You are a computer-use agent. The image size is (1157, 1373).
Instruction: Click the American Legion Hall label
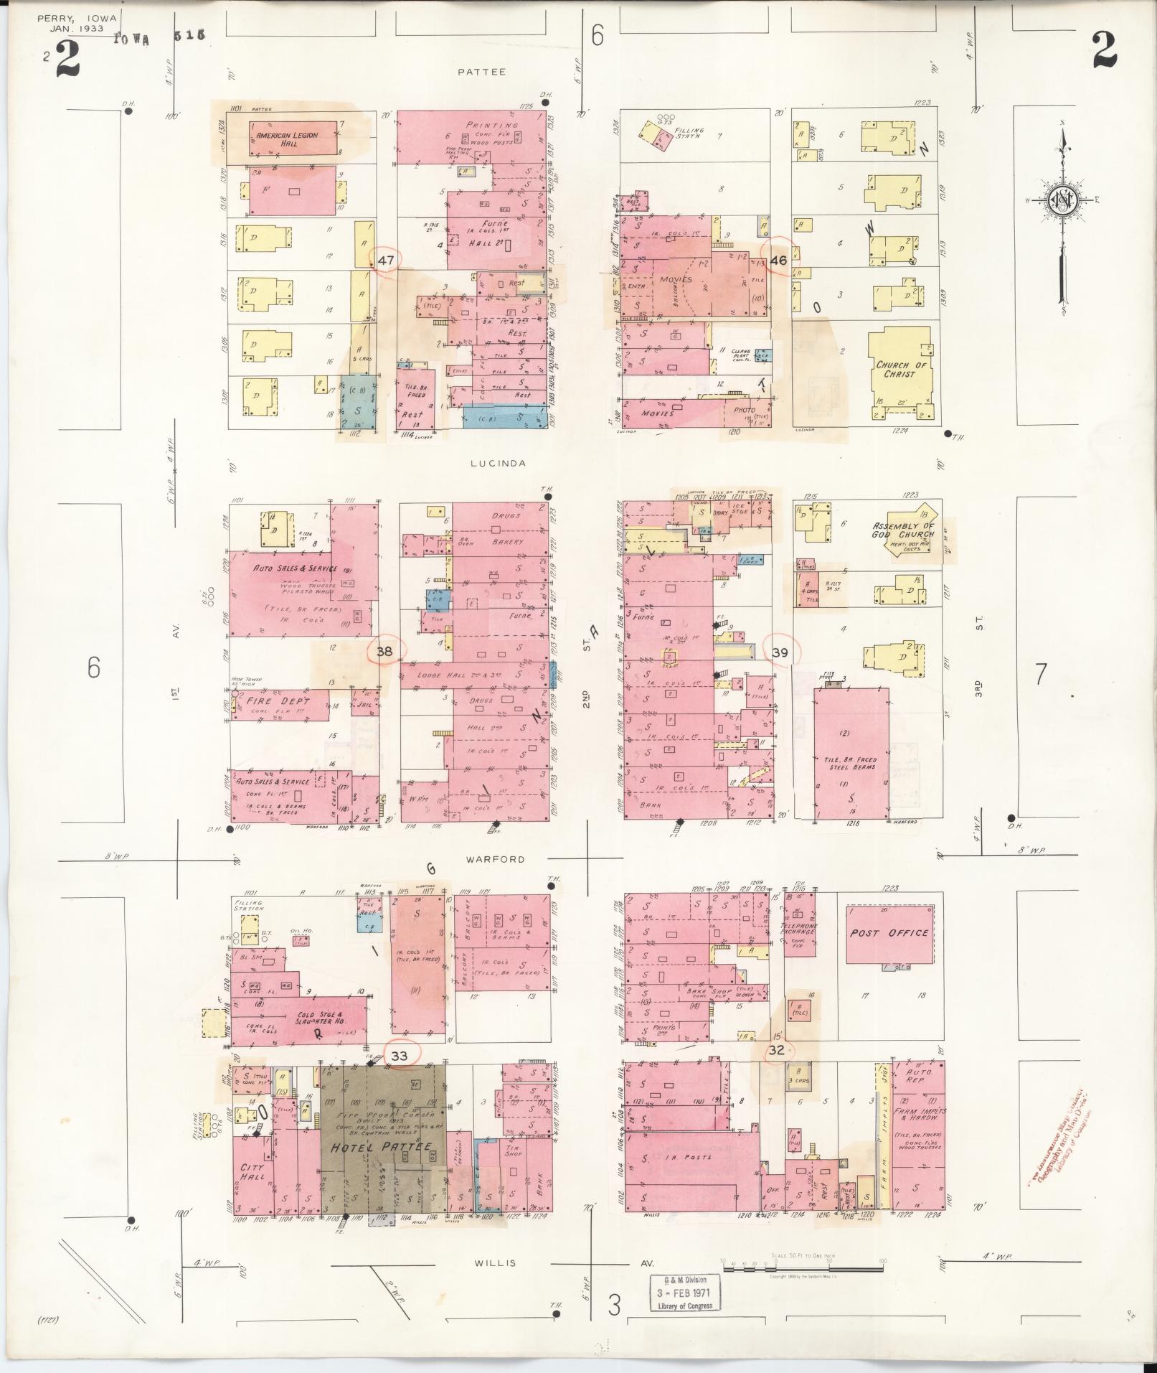(x=287, y=139)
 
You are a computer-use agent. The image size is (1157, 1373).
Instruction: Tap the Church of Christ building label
(x=901, y=370)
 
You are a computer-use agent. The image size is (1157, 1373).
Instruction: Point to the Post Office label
(x=889, y=934)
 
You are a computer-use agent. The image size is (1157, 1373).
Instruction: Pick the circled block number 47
(x=386, y=261)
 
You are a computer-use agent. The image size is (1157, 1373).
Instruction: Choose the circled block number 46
(x=778, y=261)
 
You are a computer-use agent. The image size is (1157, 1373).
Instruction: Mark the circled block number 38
(x=385, y=652)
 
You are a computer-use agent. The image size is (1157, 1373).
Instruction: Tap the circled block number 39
(x=780, y=652)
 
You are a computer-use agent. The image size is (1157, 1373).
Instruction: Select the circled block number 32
(x=776, y=1050)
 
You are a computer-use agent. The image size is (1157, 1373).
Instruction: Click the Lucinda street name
(x=498, y=464)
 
